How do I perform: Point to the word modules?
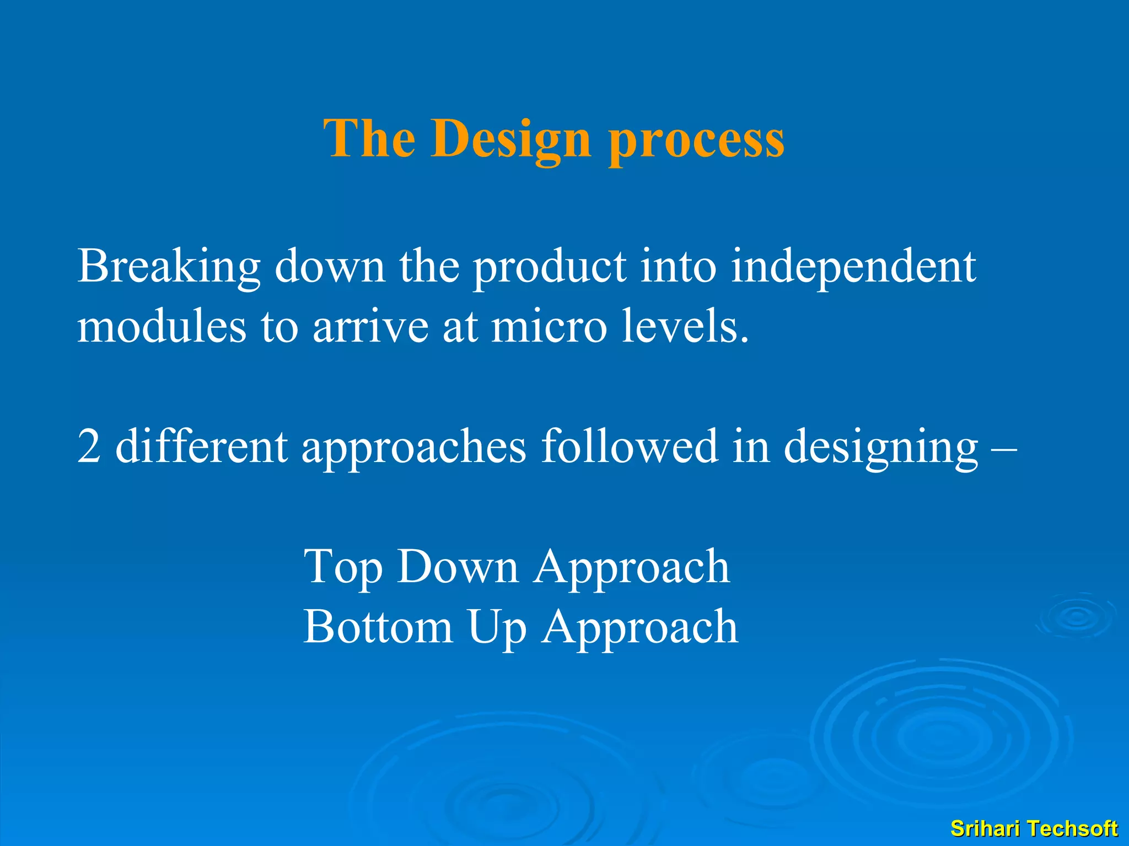tap(161, 326)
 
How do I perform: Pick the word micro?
tap(549, 326)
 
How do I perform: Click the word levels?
tap(685, 326)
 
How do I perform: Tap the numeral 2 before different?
tap(89, 446)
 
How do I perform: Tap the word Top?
tap(342, 567)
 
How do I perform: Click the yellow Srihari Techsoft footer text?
tap(1034, 828)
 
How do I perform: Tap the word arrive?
tap(370, 326)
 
